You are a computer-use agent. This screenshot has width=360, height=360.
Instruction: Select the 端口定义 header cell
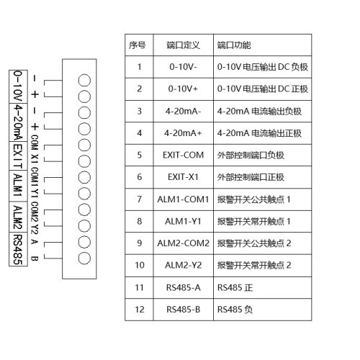click(183, 45)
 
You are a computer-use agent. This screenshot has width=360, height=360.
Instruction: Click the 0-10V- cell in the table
click(183, 67)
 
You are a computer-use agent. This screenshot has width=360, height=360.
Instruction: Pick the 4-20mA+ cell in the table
click(183, 133)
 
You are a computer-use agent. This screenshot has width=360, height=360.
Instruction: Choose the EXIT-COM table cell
click(183, 155)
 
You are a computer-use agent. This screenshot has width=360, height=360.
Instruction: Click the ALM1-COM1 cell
click(183, 199)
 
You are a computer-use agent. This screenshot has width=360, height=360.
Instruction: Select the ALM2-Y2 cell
click(183, 265)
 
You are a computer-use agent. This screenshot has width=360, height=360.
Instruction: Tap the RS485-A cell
click(183, 287)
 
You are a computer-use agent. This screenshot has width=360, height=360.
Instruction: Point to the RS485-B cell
click(183, 310)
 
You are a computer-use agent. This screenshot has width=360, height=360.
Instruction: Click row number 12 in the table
click(140, 310)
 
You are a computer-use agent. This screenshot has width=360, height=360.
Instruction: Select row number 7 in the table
click(140, 199)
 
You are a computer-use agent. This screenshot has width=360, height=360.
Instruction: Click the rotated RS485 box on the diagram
click(18, 249)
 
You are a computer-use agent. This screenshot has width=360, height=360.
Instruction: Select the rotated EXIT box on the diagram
click(18, 156)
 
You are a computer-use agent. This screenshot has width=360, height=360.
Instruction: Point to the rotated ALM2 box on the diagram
click(18, 217)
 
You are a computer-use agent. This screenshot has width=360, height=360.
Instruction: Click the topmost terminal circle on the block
click(84, 81)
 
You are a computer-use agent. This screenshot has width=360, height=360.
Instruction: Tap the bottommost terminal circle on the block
click(84, 258)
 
